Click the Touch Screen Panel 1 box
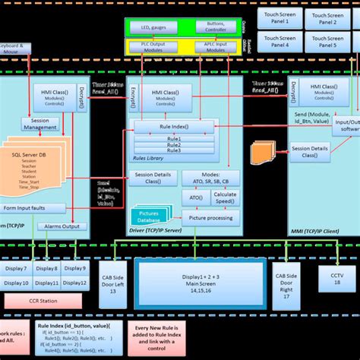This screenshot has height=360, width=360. click(281, 17)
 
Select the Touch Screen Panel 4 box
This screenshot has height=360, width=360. click(281, 42)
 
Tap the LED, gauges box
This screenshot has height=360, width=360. click(154, 28)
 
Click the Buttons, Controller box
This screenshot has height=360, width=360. click(216, 28)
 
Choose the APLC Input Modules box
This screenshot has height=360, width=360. click(217, 46)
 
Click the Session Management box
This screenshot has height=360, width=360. click(40, 124)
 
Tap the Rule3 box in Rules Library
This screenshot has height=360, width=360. click(175, 150)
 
